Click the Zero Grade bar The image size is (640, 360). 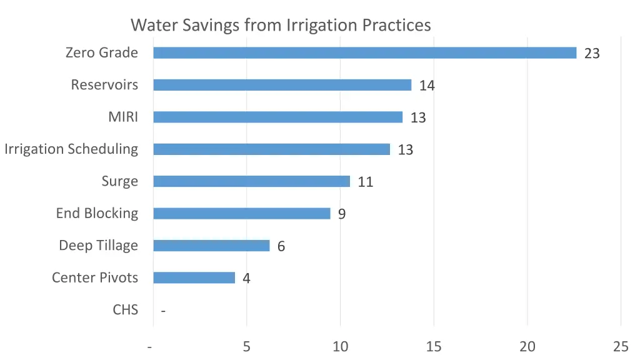[x=364, y=53]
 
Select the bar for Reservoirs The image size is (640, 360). [x=282, y=85]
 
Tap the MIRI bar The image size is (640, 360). [x=277, y=117]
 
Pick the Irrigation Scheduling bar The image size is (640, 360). [x=271, y=149]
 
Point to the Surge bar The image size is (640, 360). [x=251, y=181]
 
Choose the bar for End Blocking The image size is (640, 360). [x=241, y=214]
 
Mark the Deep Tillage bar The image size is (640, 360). [x=211, y=246]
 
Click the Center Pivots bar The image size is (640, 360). [x=194, y=277]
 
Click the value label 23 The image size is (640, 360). [x=592, y=54]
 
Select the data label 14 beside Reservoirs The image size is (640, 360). [x=427, y=86]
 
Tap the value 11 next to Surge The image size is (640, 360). [x=366, y=182]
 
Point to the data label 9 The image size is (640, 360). [x=342, y=214]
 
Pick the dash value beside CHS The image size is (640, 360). [x=163, y=311]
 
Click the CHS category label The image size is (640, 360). [x=125, y=309]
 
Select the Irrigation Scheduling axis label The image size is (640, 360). [x=71, y=149]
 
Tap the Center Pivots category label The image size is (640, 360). [x=95, y=277]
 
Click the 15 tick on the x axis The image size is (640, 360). [x=434, y=346]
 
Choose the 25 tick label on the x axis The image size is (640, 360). [x=621, y=346]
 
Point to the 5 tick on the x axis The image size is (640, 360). [x=247, y=346]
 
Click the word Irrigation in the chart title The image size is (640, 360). [x=316, y=25]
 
